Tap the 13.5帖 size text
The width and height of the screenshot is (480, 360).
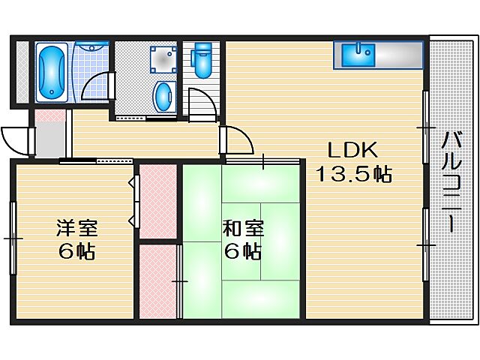(352, 175)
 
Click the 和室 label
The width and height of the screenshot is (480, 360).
(241, 226)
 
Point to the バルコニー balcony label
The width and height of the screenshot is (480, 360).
(452, 184)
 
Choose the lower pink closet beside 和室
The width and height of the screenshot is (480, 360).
(157, 281)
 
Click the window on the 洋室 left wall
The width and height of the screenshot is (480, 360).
(13, 238)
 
